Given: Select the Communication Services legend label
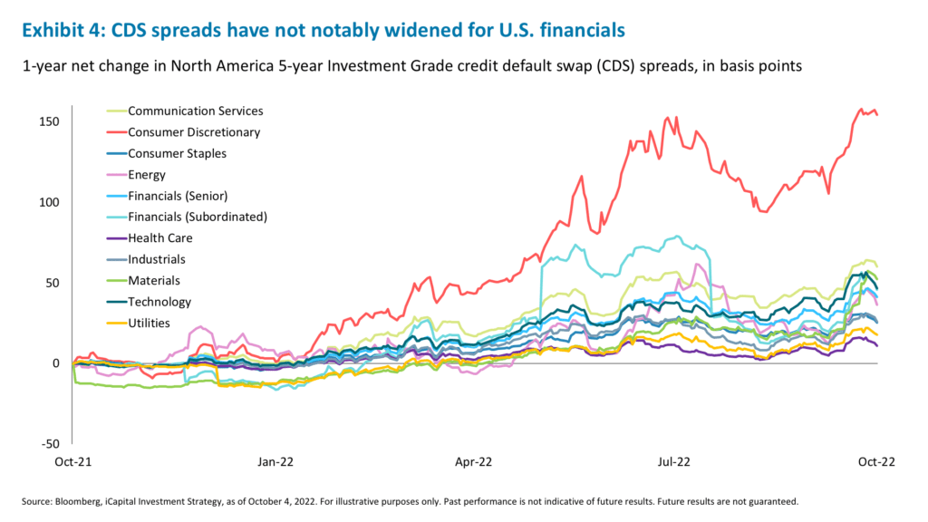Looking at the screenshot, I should [x=195, y=111].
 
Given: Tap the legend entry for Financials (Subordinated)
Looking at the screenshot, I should [x=197, y=217].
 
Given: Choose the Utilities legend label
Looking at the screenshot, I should [x=149, y=324].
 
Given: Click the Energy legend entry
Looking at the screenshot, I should [x=148, y=175].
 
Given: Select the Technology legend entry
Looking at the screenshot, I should [x=159, y=302].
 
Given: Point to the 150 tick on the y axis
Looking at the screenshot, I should [x=50, y=121].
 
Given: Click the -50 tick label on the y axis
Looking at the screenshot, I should [x=53, y=444].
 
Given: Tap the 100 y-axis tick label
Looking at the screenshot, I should [x=50, y=202].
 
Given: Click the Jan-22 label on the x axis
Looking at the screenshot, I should [x=275, y=461].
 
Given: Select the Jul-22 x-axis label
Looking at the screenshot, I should [x=672, y=461].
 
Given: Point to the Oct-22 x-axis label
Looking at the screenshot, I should [x=876, y=461].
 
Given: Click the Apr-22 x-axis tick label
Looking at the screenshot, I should [x=472, y=461].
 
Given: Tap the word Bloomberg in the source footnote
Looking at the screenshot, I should [x=80, y=501].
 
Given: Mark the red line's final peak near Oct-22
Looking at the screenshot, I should [x=861, y=110].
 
